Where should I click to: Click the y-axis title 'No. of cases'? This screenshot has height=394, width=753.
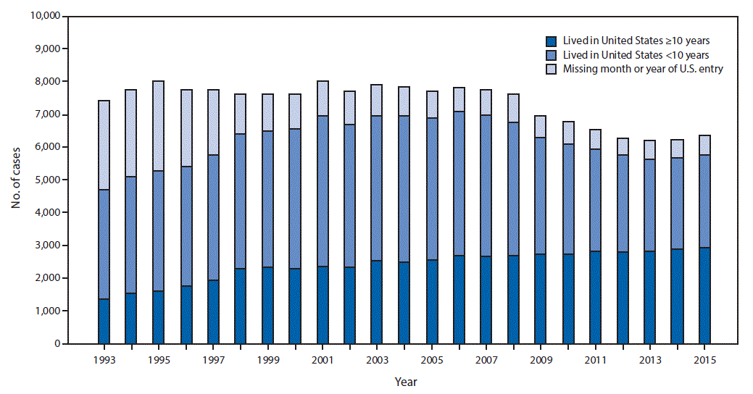point(15,180)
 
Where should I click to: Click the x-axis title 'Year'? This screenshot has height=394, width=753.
point(405,381)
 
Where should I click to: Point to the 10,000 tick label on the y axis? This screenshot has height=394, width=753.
point(44,16)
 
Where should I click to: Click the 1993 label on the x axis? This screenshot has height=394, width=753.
point(104,359)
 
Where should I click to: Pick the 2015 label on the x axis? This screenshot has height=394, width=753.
point(704,359)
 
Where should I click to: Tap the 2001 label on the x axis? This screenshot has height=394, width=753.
point(322,359)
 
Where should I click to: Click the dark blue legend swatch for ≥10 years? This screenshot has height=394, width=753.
point(552,41)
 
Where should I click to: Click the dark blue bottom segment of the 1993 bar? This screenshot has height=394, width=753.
point(104,321)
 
